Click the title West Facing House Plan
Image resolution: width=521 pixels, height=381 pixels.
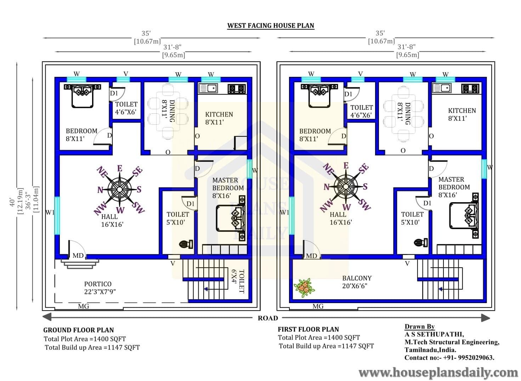[x=271, y=25]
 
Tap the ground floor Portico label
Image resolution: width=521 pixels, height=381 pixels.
[x=100, y=288]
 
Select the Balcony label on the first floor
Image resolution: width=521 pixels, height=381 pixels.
[x=357, y=282]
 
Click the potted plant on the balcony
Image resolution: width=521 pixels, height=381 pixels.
[x=304, y=288]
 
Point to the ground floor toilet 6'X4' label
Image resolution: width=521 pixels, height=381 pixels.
[x=238, y=281]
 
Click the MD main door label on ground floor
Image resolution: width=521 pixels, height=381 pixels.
[x=78, y=255]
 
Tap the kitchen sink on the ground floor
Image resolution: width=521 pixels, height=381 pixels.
[x=208, y=88]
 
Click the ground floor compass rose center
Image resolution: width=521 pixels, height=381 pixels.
[x=120, y=189]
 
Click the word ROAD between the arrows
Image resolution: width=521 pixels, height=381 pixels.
[x=268, y=318]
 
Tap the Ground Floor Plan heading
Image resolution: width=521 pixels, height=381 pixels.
[x=79, y=330]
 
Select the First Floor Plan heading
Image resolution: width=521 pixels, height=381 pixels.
[x=308, y=329]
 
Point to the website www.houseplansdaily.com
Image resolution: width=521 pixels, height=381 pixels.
[x=438, y=373]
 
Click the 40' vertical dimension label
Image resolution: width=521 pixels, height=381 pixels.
[x=12, y=202]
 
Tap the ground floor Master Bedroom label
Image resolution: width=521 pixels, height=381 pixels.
[x=228, y=188]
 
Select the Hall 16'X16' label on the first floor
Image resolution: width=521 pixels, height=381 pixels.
[x=341, y=218]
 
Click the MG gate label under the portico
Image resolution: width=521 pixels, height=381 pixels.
[x=84, y=306]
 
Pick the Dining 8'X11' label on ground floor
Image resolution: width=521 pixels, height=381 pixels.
[x=168, y=111]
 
